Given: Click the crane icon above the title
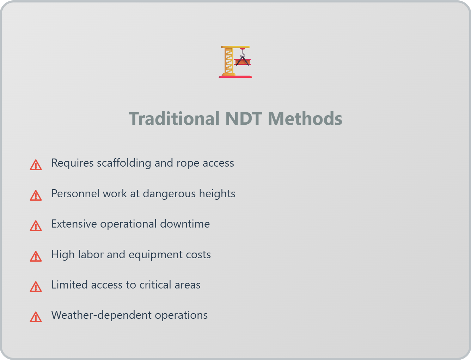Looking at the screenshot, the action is (x=235, y=62).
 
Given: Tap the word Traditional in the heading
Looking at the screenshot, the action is (x=174, y=119).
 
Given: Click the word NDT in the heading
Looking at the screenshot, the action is (x=244, y=119).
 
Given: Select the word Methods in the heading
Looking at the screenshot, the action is (x=305, y=119).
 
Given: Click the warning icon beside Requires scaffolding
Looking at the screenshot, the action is (x=36, y=165).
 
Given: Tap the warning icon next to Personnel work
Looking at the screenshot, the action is (x=36, y=195).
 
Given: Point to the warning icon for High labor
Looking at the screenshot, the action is (x=36, y=256).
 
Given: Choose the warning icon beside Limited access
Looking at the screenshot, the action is (x=36, y=287).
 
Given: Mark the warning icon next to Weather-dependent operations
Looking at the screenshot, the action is (x=36, y=317).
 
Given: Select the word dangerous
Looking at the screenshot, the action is (x=169, y=194).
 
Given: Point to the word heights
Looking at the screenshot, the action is (x=217, y=194).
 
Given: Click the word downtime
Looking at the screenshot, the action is (x=185, y=224).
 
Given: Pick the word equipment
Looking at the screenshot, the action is (x=155, y=255).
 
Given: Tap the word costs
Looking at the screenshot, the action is (x=198, y=255).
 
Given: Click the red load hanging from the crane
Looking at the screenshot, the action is (x=243, y=62).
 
